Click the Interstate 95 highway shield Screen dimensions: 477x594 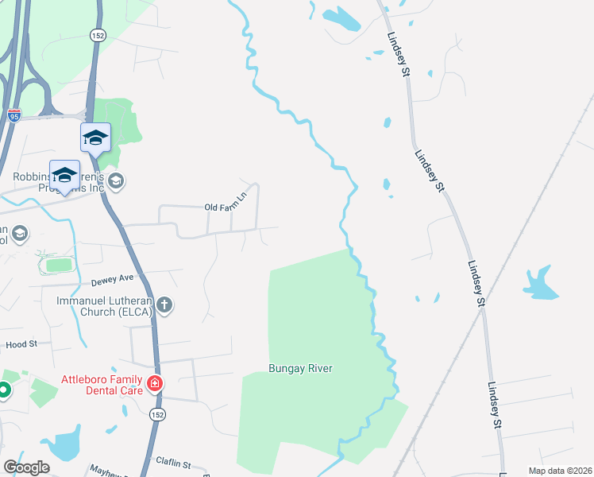14,115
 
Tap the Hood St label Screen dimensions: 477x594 21,344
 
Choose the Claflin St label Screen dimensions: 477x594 173,463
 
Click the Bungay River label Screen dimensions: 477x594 299,368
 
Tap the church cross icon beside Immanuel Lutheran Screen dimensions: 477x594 164,304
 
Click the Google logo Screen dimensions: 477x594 26,467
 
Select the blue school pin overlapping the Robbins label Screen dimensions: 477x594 64,175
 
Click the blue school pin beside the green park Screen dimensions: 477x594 95,138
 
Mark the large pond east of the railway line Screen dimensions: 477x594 540,284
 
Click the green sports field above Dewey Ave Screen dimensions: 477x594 59,265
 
